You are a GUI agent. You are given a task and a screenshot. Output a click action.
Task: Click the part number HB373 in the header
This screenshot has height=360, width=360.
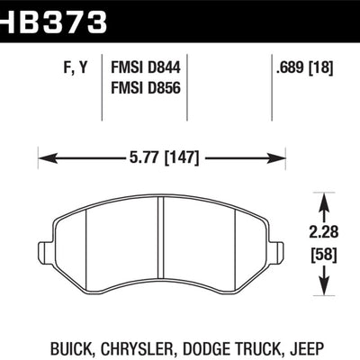pyautogui.click(x=53, y=22)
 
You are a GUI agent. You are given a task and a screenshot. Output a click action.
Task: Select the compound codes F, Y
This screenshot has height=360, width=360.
pyautogui.click(x=76, y=67)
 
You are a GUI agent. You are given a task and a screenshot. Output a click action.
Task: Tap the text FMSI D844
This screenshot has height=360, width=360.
pyautogui.click(x=146, y=67)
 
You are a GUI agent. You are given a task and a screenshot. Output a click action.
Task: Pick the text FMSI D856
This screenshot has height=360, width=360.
pyautogui.click(x=146, y=88)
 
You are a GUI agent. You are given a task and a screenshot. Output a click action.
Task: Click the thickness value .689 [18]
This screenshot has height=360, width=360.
pyautogui.click(x=304, y=68)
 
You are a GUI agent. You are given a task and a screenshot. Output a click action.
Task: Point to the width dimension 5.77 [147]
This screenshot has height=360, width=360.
pyautogui.click(x=164, y=157)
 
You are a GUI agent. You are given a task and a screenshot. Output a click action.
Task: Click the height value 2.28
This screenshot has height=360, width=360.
pyautogui.click(x=324, y=232)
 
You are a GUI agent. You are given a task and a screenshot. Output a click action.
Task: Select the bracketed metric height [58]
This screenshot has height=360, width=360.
pyautogui.click(x=324, y=255)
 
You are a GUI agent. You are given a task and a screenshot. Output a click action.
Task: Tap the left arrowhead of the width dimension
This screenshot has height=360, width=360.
pyautogui.click(x=48, y=158)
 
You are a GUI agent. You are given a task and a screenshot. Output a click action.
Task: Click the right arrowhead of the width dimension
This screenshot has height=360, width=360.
pyautogui.click(x=275, y=158)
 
